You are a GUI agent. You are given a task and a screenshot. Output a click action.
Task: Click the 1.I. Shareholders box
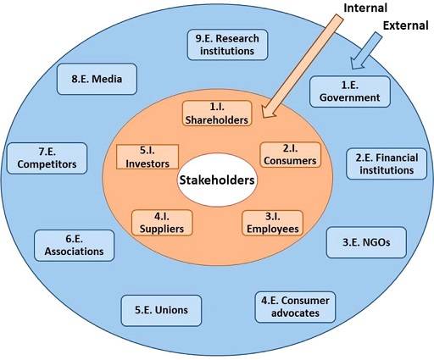tap(217, 114)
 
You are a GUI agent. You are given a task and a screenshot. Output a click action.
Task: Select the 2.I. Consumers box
tap(291, 155)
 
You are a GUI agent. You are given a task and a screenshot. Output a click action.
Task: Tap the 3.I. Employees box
tap(273, 223)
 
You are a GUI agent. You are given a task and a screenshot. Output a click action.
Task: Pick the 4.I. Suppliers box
tap(162, 223)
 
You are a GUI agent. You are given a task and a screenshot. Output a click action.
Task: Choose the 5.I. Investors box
tap(147, 157)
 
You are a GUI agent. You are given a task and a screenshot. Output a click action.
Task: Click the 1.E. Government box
tap(350, 91)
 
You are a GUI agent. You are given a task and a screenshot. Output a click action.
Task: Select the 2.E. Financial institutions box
tap(387, 163)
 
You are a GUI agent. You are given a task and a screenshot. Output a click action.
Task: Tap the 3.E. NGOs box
tap(366, 242)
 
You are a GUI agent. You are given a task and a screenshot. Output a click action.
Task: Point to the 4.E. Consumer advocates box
tap(295, 307)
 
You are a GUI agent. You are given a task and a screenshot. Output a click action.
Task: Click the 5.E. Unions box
tap(161, 310)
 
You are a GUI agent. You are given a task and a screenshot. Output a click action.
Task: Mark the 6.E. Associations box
tap(75, 246)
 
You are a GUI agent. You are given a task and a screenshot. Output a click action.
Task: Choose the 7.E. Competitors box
tap(47, 158)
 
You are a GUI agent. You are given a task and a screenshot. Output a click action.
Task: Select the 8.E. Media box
tap(97, 79)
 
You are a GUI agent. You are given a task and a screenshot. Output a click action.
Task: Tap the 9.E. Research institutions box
tap(227, 45)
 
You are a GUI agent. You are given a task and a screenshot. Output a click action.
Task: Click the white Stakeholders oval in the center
tap(217, 180)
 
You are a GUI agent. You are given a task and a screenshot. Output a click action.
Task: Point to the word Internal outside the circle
tap(365, 8)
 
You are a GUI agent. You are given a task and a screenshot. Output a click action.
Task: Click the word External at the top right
tap(405, 25)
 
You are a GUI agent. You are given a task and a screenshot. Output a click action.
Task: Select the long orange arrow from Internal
tap(303, 66)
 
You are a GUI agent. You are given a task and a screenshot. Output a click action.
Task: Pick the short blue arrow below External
tap(365, 51)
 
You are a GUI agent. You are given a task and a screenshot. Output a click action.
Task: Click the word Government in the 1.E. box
tap(350, 97)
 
